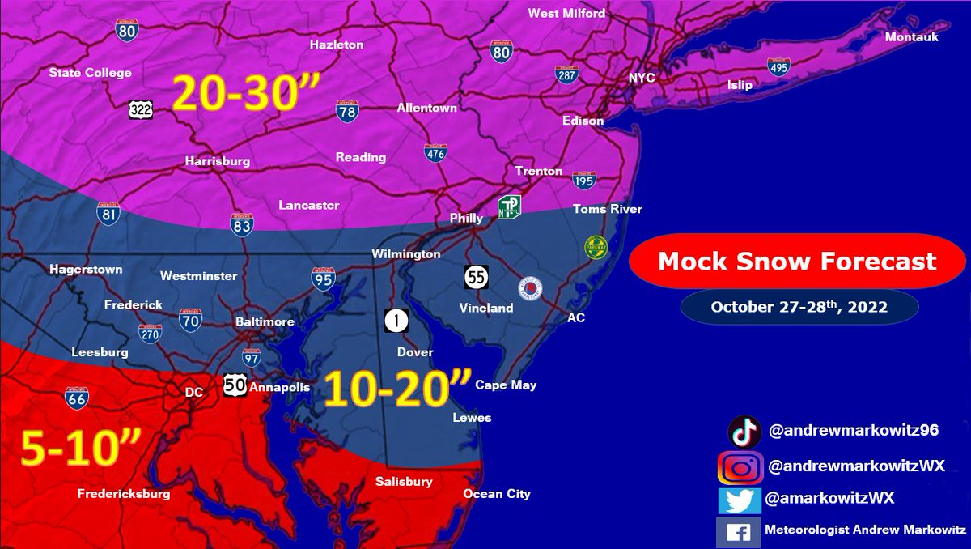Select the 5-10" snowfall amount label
[80, 449]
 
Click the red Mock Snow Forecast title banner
[796, 262]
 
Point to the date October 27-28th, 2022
[799, 307]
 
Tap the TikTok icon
[744, 432]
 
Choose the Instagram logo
[740, 467]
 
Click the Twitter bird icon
[740, 500]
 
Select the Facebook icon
[739, 532]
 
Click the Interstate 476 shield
[435, 153]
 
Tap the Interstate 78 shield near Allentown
[347, 110]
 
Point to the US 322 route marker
[139, 109]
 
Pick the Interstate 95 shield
[323, 279]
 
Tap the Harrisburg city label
[217, 161]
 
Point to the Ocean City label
[497, 494]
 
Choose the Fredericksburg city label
[124, 493]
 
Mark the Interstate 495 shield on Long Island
[778, 67]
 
